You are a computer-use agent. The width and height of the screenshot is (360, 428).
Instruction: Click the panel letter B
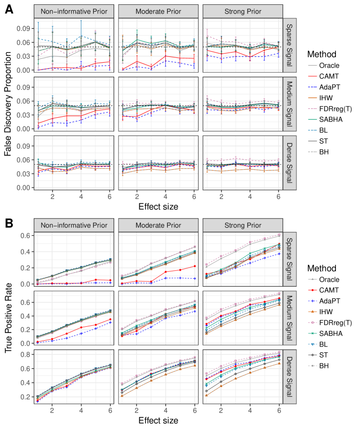pos(9,223)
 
